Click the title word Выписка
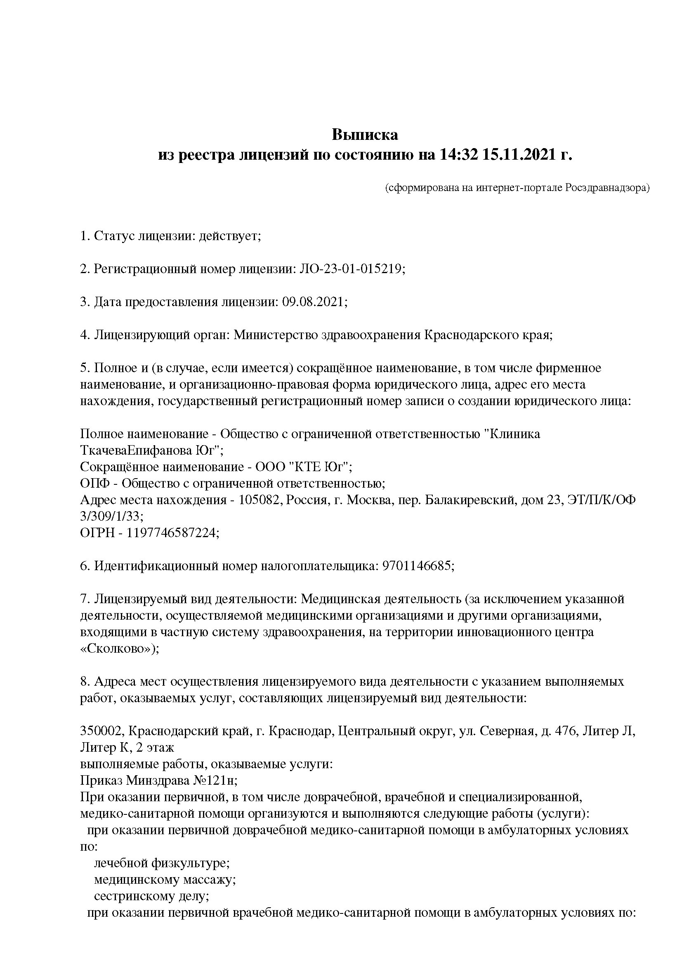[365, 135]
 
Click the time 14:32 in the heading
[459, 155]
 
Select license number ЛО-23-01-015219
[351, 269]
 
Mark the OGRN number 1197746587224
[172, 533]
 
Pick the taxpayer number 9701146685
[417, 566]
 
